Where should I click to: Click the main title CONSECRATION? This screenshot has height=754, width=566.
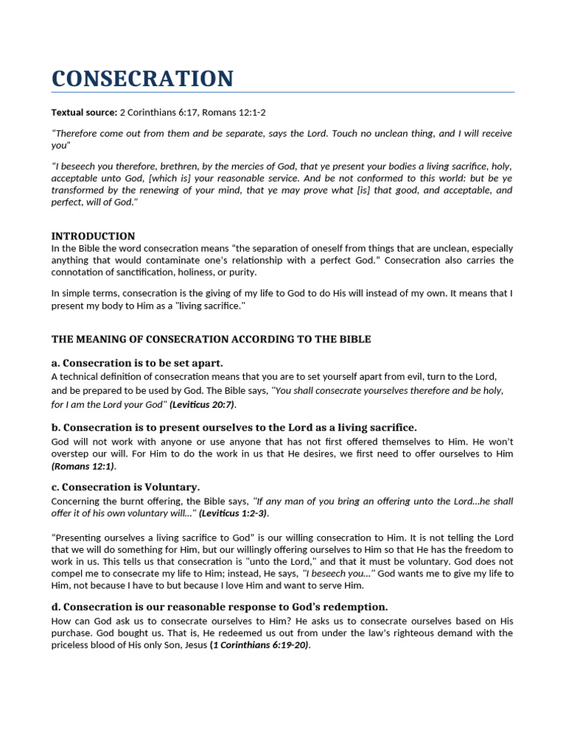(142, 78)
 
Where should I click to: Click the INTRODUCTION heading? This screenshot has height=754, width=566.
(93, 236)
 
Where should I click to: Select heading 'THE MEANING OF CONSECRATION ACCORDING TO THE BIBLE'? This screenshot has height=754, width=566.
(211, 339)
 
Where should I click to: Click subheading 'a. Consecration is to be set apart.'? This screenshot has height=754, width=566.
(137, 363)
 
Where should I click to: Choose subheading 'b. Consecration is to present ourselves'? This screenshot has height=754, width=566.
(234, 427)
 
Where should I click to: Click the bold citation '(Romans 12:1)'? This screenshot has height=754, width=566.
(83, 466)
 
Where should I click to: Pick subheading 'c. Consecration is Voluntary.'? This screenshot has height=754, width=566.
(125, 487)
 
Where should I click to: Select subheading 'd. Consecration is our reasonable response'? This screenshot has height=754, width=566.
(220, 607)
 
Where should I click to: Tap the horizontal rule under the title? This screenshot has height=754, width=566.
(282, 93)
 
